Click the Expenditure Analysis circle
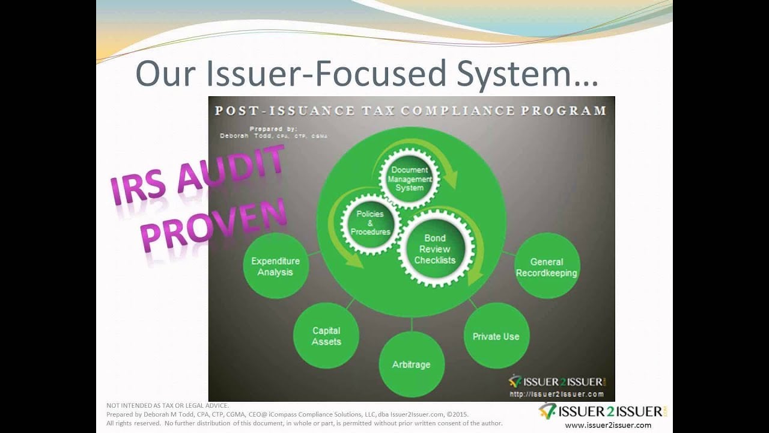tap(276, 266)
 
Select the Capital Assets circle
tap(326, 336)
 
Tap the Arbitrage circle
tap(412, 364)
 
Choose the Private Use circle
tap(496, 336)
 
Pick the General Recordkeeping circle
tap(547, 266)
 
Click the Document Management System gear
tap(410, 179)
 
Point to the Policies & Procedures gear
tap(371, 224)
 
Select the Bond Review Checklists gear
tap(436, 248)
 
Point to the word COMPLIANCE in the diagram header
tap(458, 111)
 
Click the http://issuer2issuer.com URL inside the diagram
tap(556, 394)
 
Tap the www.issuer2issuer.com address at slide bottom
tap(608, 425)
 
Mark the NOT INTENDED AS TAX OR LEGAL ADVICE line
tap(168, 405)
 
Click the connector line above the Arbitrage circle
tap(412, 324)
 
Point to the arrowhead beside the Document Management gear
tap(451, 179)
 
